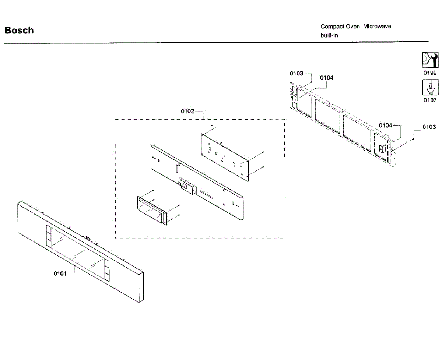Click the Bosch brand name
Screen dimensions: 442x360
tap(19, 31)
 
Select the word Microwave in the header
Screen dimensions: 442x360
tap(377, 27)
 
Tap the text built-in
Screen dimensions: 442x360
tap(329, 36)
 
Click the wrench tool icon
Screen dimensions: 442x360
tap(430, 60)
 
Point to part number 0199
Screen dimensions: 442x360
tap(430, 73)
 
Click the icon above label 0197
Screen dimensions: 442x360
tap(430, 88)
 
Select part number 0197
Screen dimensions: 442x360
tap(430, 100)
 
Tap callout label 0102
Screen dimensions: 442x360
tap(187, 111)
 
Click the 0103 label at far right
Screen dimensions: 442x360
tap(429, 127)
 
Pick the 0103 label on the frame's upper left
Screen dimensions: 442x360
tap(296, 73)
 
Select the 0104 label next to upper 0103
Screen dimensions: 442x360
tap(327, 78)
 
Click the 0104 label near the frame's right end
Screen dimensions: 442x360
tap(386, 126)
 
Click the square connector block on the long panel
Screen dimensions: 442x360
tap(186, 186)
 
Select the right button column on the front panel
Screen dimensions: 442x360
tap(106, 271)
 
